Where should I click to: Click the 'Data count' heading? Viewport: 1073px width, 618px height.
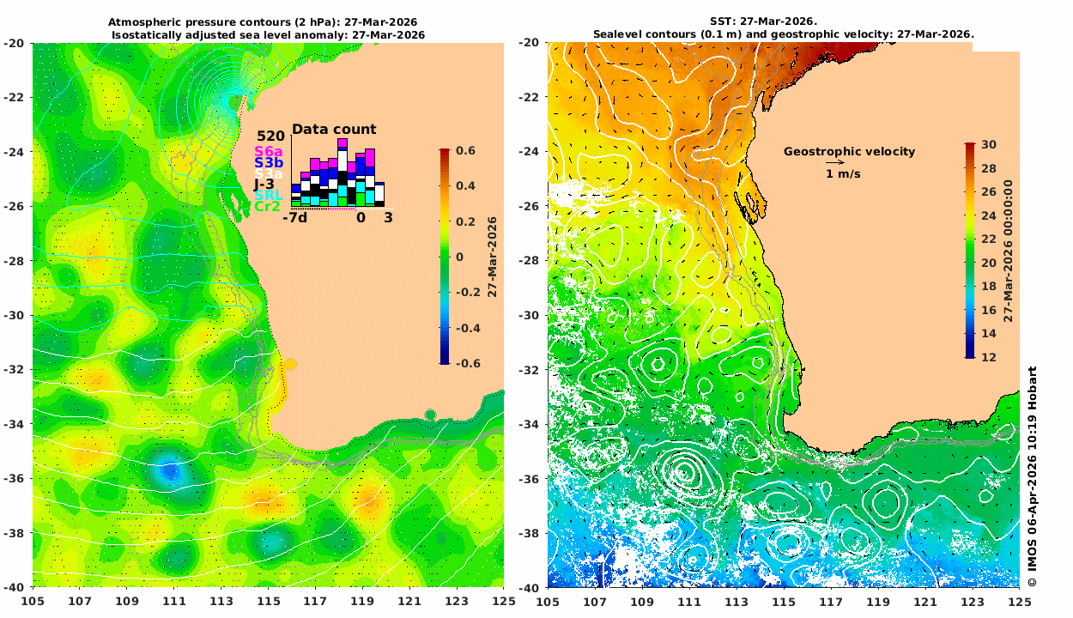[x=334, y=130]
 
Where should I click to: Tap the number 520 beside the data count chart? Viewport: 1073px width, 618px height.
[x=270, y=136]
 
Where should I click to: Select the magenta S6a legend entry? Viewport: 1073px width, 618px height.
[x=269, y=152]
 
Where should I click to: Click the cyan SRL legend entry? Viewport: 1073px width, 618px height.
[x=269, y=196]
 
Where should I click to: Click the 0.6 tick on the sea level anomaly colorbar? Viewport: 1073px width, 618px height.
[x=466, y=150]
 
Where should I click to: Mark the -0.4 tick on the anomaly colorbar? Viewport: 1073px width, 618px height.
[x=466, y=328]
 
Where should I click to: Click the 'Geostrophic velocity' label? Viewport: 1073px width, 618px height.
[x=849, y=152]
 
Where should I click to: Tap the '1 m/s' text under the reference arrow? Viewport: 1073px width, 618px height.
[x=843, y=174]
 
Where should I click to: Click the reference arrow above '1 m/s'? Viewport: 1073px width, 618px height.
[x=834, y=162]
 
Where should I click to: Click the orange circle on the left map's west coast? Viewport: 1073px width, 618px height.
[x=290, y=364]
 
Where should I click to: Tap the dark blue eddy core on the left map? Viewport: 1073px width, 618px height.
[x=169, y=470]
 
